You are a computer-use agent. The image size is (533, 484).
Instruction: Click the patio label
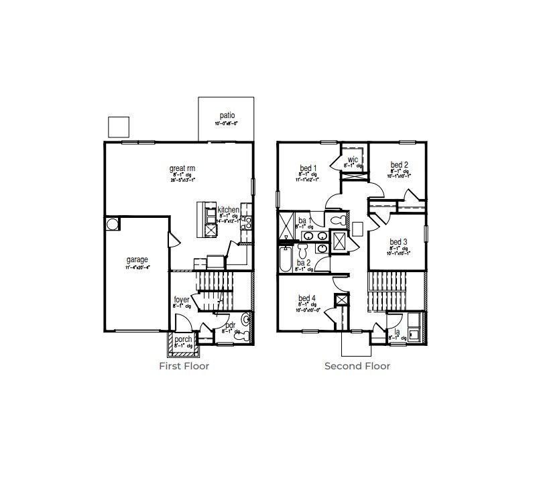[226, 115]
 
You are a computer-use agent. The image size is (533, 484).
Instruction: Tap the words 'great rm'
[182, 168]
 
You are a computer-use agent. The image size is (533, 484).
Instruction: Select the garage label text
[137, 259]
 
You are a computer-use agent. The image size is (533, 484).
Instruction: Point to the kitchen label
[228, 210]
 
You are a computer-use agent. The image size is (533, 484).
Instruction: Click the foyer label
[181, 300]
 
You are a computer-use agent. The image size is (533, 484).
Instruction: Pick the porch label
[183, 339]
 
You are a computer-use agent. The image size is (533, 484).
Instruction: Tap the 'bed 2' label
[399, 164]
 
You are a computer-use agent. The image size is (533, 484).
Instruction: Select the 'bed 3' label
[398, 242]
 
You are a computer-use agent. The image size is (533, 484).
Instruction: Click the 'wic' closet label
[353, 159]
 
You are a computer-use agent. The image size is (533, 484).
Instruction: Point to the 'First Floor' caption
[184, 366]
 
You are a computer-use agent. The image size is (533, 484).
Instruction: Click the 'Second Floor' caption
[357, 366]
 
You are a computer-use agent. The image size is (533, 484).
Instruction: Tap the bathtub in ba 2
[285, 259]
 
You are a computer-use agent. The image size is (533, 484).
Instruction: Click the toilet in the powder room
[246, 328]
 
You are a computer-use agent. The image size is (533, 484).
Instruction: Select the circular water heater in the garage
[112, 224]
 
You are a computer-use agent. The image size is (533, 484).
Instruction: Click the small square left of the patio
[118, 126]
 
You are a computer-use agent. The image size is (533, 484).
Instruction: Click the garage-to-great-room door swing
[173, 238]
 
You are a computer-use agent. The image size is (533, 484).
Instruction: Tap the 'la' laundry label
[396, 331]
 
